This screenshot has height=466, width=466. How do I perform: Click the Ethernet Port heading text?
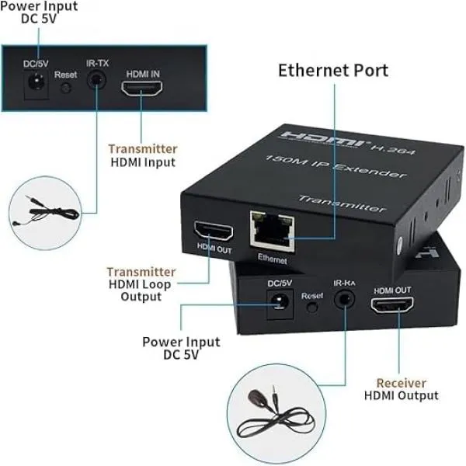[x=333, y=71]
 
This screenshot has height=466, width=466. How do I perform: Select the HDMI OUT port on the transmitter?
[x=214, y=231]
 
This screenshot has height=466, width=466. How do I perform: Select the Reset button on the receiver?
[x=312, y=308]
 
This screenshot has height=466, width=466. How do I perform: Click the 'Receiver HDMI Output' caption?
[x=401, y=389]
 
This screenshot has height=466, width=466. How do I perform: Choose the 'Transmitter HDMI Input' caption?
[x=142, y=155]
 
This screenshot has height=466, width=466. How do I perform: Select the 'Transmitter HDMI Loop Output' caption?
[x=141, y=284]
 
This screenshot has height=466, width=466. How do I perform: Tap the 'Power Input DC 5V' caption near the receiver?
[x=181, y=348]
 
